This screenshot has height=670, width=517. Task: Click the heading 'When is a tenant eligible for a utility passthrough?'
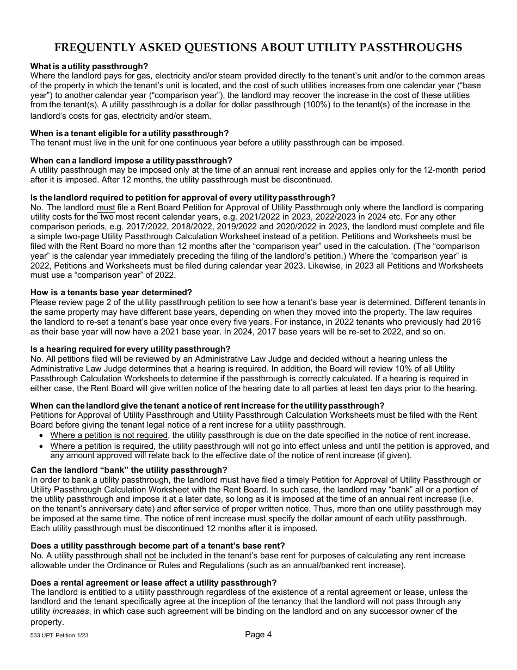(x=130, y=133)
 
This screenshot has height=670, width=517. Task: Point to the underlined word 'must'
(x=106, y=208)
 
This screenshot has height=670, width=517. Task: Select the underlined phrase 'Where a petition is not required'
(x=109, y=435)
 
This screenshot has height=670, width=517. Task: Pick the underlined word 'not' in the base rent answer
(x=150, y=556)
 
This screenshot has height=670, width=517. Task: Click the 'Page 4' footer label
(x=258, y=634)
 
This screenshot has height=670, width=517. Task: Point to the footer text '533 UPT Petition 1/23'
(x=59, y=635)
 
